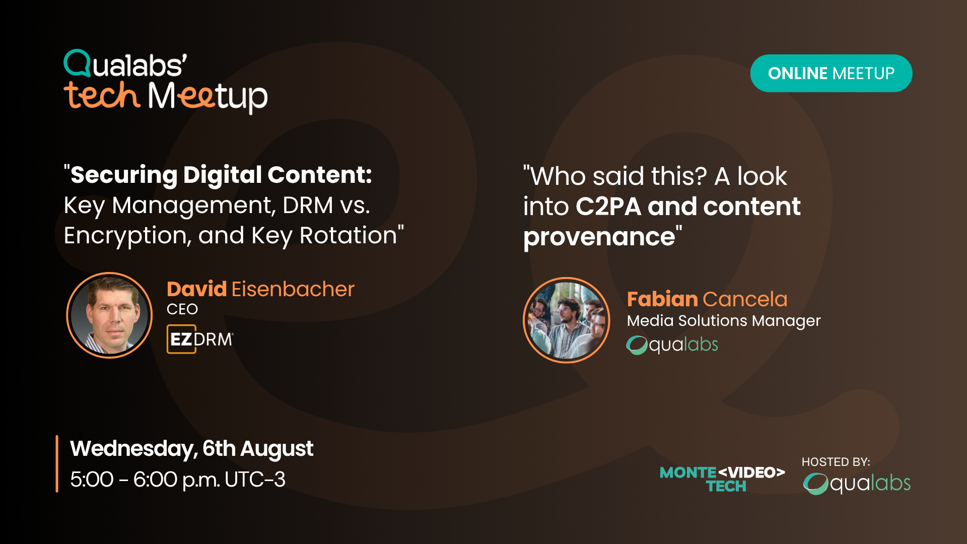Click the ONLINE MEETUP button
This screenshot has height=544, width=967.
pos(831,74)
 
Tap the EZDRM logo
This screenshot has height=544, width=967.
pos(200,339)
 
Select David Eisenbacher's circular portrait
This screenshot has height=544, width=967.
pos(109,315)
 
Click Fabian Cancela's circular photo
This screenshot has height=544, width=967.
pos(567,320)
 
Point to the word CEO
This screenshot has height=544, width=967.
pos(182,309)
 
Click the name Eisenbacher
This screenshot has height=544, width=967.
pos(293,289)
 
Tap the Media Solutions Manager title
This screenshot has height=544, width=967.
pos(724,321)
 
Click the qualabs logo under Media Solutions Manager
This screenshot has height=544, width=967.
pos(672,345)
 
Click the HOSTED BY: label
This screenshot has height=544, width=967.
pos(836,462)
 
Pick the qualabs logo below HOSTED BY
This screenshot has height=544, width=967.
pos(857,484)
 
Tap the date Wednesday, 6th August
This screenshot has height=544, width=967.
pos(191,449)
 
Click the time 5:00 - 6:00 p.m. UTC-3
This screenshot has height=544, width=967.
pos(178,480)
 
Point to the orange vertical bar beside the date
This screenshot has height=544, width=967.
pos(57,463)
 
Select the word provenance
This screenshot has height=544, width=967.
pos(599,237)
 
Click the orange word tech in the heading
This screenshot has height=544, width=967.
pos(102,95)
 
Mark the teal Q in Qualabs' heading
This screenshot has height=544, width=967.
pos(78,63)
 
